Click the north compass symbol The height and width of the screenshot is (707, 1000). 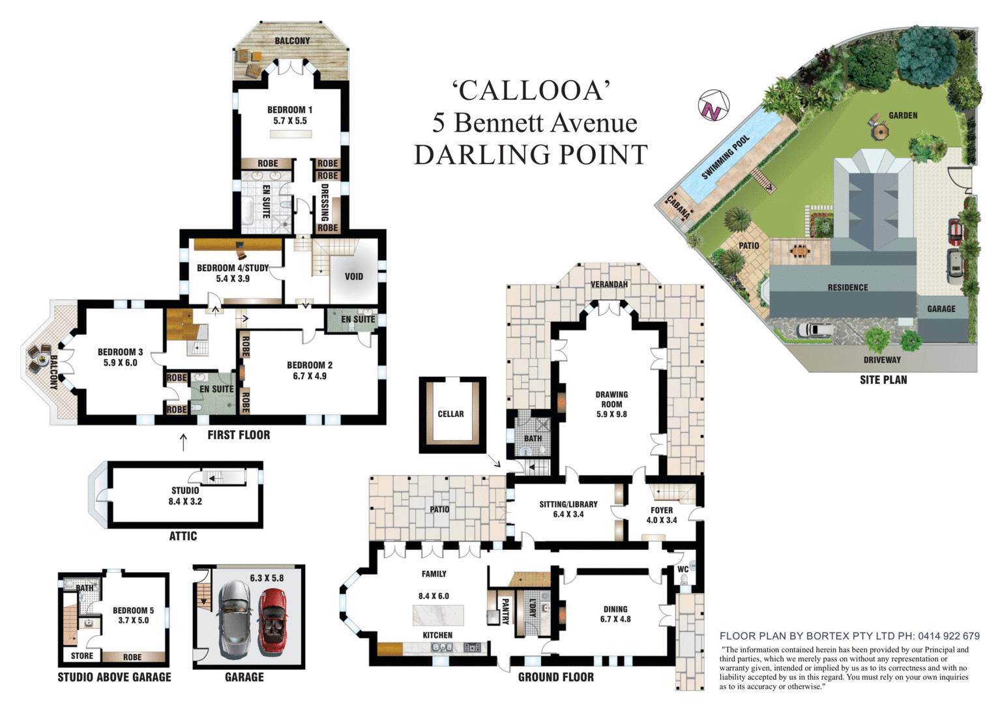(713, 106)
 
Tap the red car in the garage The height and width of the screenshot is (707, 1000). (272, 622)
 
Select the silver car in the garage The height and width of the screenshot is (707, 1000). (235, 619)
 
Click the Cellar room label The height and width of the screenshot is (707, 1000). (450, 414)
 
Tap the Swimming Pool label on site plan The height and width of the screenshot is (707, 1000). (726, 158)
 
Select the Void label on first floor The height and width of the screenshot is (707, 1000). (353, 276)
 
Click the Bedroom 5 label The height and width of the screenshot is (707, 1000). (133, 611)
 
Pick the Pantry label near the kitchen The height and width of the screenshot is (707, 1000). (504, 611)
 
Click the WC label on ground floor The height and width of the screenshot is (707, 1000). (683, 569)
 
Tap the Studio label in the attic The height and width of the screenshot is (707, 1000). (185, 490)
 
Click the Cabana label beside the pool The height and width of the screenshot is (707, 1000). (678, 207)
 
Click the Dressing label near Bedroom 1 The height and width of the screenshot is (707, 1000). (325, 202)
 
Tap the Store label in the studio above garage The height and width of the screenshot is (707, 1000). (82, 656)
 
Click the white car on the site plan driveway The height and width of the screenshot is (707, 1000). (814, 330)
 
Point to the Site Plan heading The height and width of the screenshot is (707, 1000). (883, 380)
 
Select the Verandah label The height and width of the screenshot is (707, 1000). (609, 284)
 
